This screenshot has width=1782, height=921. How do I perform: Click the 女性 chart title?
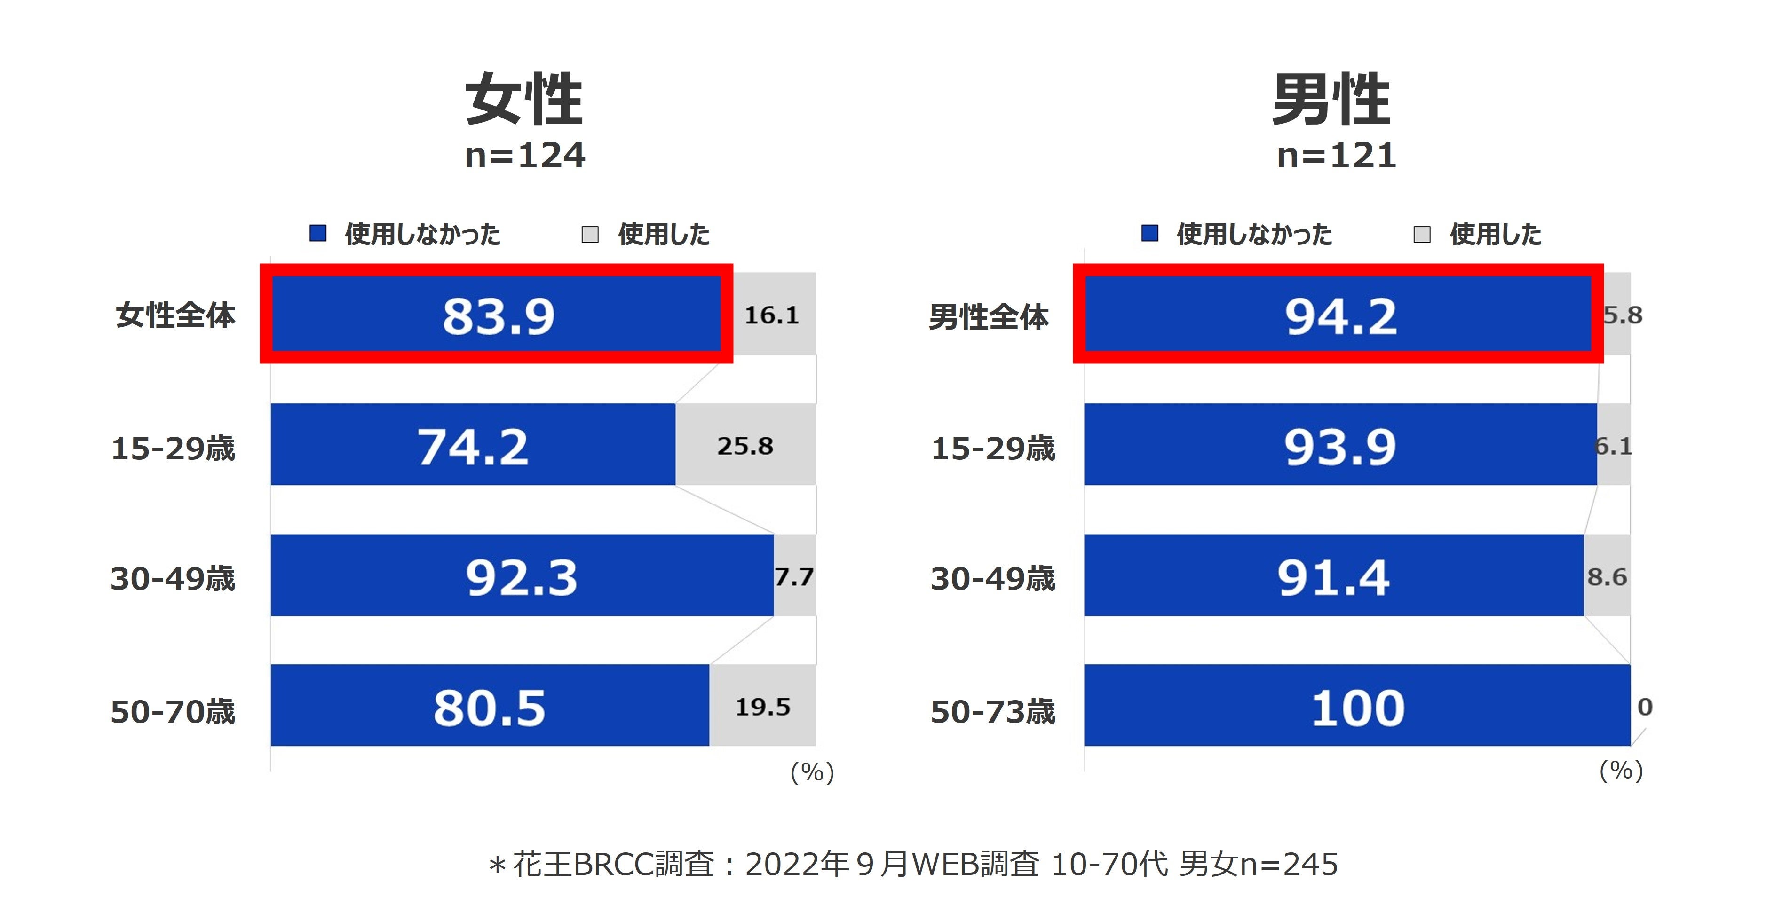tap(524, 100)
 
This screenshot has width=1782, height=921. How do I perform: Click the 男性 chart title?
tap(1331, 100)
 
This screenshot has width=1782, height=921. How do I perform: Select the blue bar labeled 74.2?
tap(473, 445)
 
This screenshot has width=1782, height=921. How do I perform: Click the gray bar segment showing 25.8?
tap(745, 445)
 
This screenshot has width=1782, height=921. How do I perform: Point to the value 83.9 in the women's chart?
tap(498, 316)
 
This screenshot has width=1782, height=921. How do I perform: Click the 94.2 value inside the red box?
tap(1341, 316)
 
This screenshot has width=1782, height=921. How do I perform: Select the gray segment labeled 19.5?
tap(762, 706)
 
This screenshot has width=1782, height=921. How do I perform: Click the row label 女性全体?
tap(175, 315)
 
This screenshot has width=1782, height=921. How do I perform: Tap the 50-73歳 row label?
tap(993, 711)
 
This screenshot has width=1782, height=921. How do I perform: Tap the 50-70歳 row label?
tap(173, 711)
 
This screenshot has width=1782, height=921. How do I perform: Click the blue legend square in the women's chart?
tap(317, 234)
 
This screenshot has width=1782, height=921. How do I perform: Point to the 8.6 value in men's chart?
tap(1606, 576)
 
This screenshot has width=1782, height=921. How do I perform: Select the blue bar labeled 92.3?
tap(522, 575)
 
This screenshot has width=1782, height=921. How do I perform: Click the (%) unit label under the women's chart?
tap(812, 771)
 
